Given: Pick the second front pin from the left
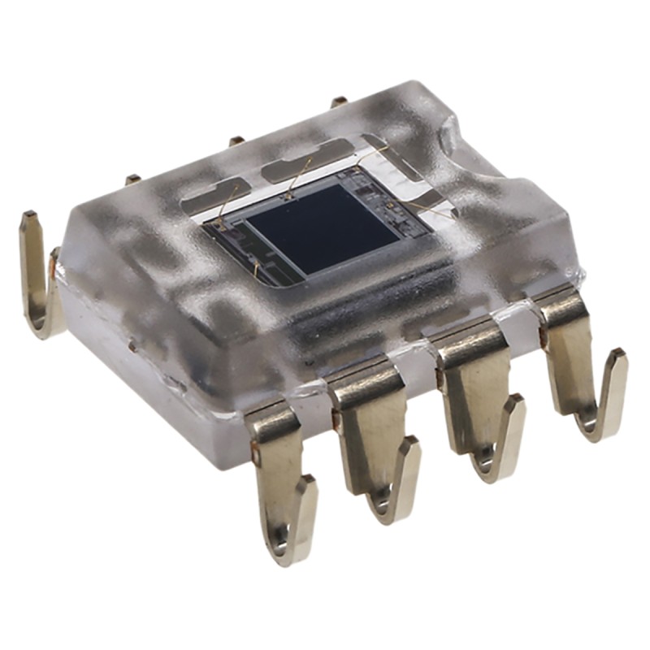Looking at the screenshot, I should [x=374, y=439].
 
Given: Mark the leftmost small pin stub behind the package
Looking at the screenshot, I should [x=132, y=179].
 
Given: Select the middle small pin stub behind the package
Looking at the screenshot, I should [x=236, y=140].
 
